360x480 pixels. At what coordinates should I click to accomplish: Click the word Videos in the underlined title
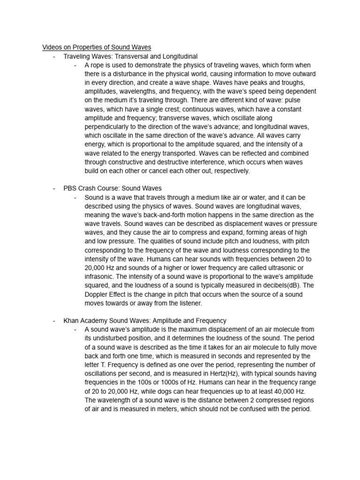[52, 47]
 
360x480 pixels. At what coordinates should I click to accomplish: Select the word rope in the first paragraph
[98, 65]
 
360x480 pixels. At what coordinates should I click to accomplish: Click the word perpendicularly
[109, 127]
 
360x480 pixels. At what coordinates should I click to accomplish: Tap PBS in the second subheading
[70, 188]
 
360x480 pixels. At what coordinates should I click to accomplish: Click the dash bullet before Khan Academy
[54, 321]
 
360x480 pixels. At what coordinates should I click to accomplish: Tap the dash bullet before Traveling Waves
[54, 56]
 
